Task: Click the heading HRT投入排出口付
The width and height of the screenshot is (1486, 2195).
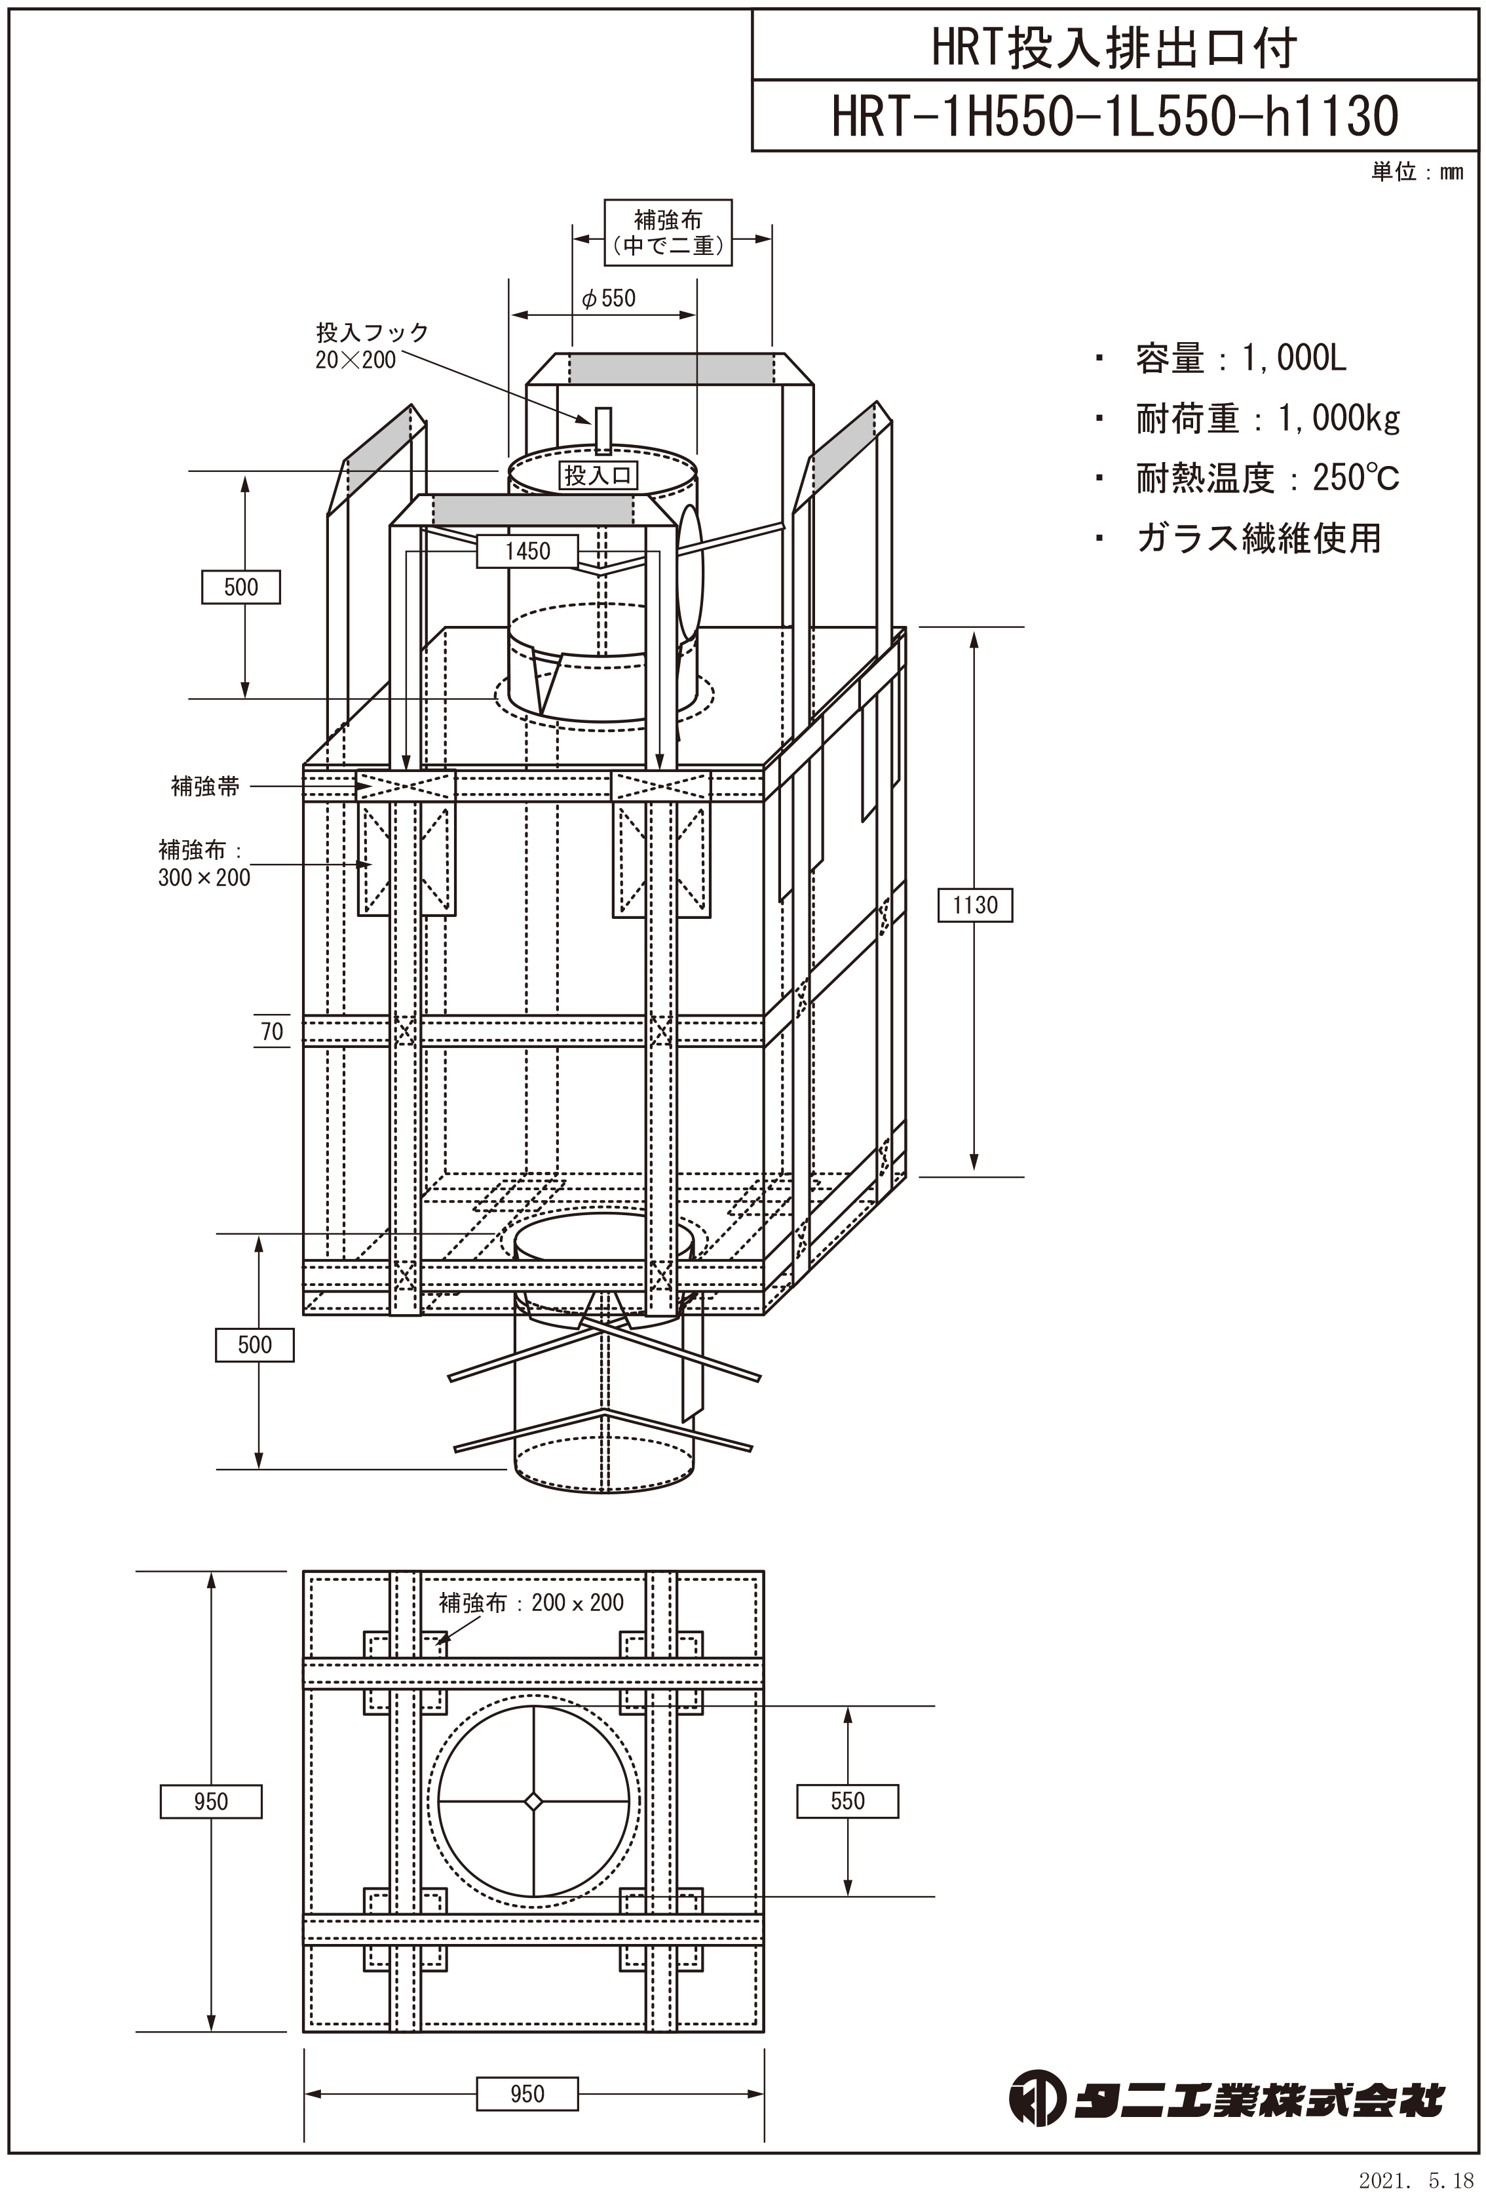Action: click(1114, 47)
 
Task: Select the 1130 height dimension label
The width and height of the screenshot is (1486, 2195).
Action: click(974, 905)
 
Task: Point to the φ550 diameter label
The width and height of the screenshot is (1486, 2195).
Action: click(609, 298)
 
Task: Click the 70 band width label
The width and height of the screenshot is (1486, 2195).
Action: click(272, 1032)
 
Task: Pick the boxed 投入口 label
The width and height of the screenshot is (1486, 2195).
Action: click(598, 475)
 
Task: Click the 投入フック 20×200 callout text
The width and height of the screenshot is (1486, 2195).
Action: click(371, 345)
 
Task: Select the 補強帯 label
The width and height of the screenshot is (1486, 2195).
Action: click(205, 786)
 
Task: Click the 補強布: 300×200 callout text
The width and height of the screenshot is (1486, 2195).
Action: click(204, 863)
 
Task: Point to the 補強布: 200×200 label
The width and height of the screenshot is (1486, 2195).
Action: click(531, 1602)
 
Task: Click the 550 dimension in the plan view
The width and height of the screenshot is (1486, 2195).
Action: click(847, 1801)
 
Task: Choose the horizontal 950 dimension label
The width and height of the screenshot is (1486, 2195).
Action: click(527, 2094)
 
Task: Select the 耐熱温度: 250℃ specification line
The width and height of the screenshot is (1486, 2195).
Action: click(1267, 479)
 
